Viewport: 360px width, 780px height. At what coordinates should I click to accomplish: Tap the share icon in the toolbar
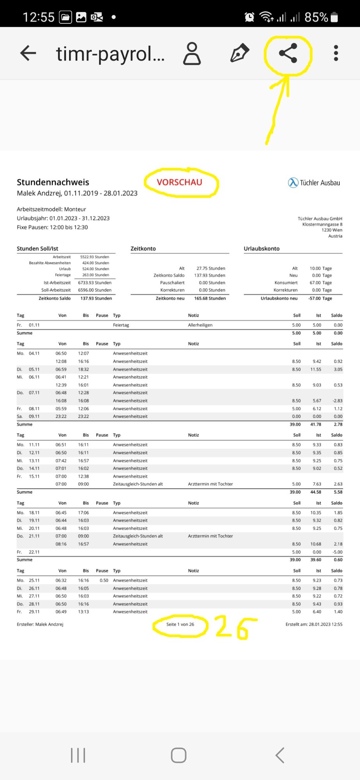288,53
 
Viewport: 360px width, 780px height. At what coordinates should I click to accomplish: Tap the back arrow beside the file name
28,53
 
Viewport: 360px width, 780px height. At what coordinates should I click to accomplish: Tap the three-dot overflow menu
336,53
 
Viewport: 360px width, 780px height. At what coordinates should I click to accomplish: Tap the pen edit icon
239,53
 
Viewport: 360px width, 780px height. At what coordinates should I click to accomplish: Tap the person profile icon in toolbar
192,53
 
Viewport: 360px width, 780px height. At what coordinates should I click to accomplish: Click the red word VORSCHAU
179,182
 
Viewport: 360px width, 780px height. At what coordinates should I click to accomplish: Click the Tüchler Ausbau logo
314,183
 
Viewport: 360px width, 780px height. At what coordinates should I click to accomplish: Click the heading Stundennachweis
53,182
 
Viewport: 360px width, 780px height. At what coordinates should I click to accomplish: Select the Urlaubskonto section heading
261,248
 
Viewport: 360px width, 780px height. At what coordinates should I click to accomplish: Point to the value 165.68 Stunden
210,298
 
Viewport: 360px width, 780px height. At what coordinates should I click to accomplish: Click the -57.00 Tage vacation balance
320,298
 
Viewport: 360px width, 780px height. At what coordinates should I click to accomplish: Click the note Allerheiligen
200,325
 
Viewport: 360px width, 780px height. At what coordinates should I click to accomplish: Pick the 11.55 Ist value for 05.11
316,369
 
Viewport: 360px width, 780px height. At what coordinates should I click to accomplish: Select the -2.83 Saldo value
337,401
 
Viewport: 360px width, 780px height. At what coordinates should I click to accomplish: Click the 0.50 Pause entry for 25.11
104,580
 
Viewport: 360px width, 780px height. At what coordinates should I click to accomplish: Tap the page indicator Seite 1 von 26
180,624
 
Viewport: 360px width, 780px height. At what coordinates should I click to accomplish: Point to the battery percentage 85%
316,17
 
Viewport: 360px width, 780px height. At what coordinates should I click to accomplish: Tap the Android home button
179,755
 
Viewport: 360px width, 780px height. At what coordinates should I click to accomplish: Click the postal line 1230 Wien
332,230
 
